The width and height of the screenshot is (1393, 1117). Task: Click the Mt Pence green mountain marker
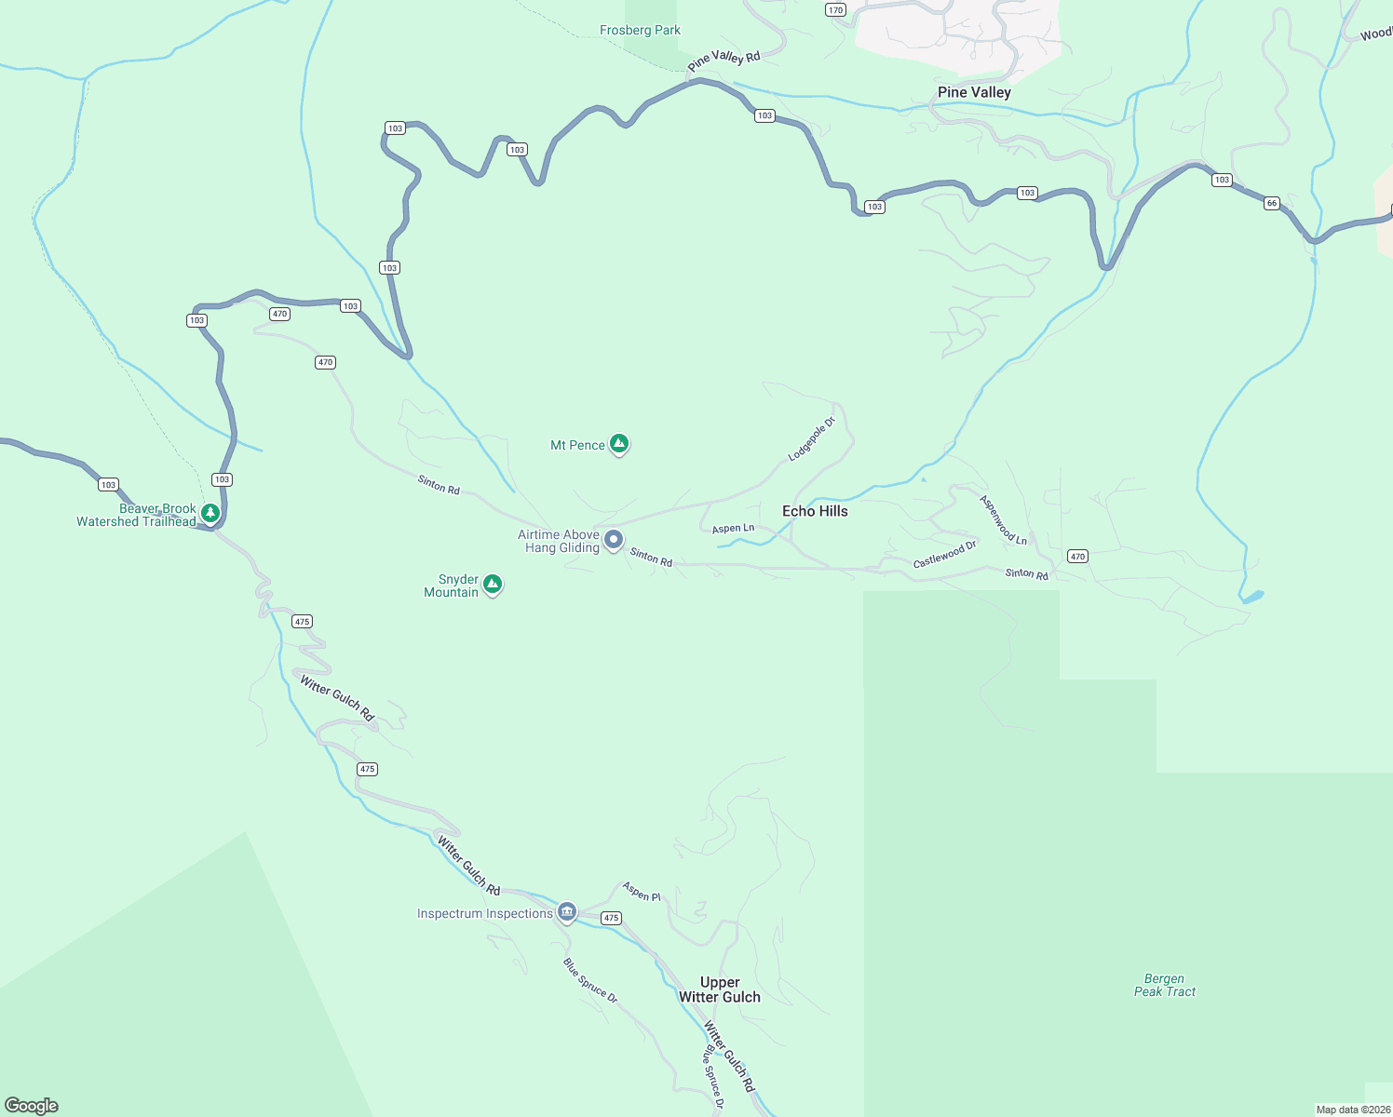pyautogui.click(x=619, y=444)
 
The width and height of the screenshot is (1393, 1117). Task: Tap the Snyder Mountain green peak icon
pyautogui.click(x=493, y=585)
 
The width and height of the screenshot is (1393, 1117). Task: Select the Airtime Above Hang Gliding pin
pyautogui.click(x=614, y=540)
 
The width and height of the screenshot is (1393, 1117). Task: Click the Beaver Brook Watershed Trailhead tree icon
pyautogui.click(x=210, y=513)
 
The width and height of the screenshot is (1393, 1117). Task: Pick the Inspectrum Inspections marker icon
pyautogui.click(x=567, y=911)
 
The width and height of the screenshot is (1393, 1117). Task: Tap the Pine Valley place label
pyautogui.click(x=974, y=92)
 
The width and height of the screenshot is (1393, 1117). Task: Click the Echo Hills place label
pyautogui.click(x=815, y=511)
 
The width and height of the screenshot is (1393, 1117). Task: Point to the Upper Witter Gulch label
pyautogui.click(x=720, y=989)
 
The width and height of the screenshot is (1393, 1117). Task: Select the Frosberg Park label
pyautogui.click(x=640, y=31)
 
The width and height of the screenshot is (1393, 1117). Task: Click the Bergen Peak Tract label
pyautogui.click(x=1165, y=985)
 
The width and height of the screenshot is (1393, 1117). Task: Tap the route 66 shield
pyautogui.click(x=1272, y=203)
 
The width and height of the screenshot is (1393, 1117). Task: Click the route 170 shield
pyautogui.click(x=835, y=10)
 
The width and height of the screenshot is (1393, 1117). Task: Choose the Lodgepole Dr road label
pyautogui.click(x=811, y=440)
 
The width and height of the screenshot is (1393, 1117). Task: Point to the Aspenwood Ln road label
pyautogui.click(x=1003, y=520)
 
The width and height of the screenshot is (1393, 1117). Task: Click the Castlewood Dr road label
pyautogui.click(x=944, y=555)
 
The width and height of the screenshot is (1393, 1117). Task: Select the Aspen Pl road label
pyautogui.click(x=642, y=892)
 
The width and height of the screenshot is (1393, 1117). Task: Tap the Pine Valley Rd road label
pyautogui.click(x=724, y=60)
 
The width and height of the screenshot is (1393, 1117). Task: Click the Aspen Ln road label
pyautogui.click(x=733, y=529)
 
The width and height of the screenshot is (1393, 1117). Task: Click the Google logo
pyautogui.click(x=32, y=1105)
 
